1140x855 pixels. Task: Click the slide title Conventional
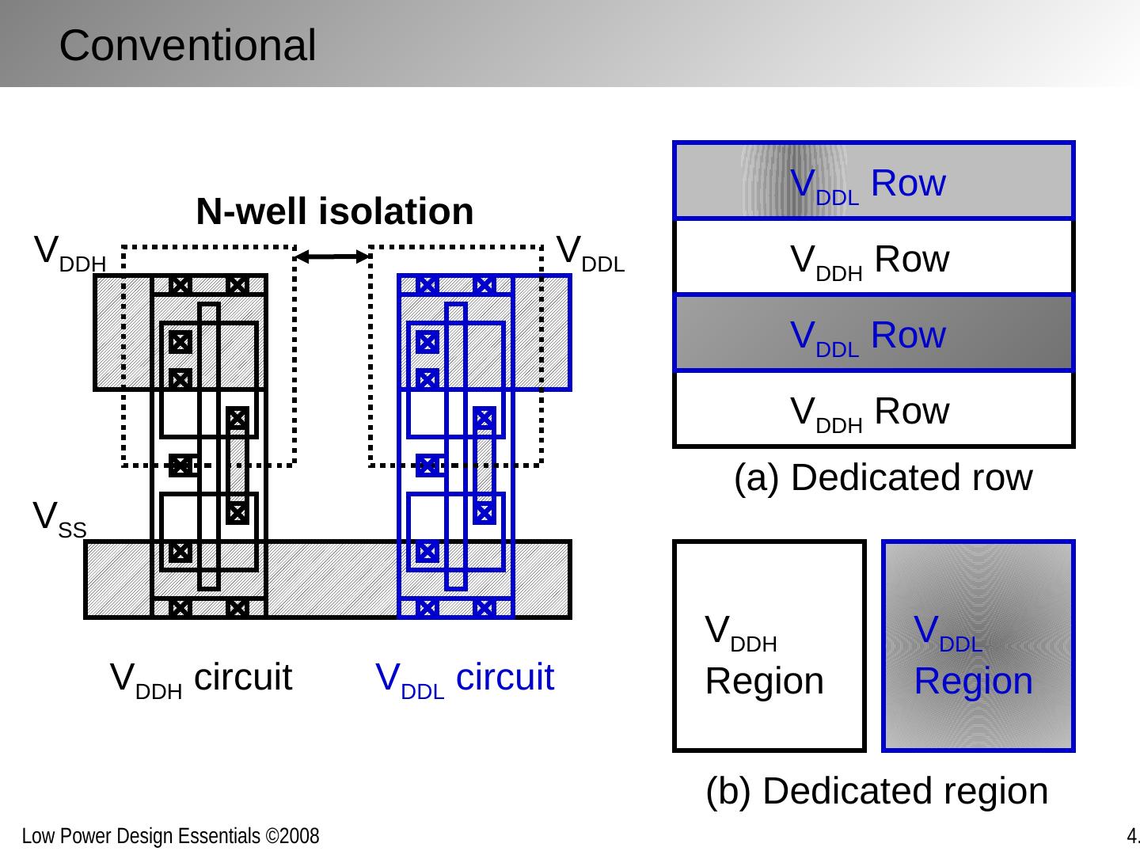coord(187,45)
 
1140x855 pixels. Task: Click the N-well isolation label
coord(334,212)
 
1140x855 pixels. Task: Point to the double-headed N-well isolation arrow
coord(332,256)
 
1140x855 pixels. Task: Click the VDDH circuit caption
coord(201,678)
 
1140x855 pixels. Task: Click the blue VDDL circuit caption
coord(464,678)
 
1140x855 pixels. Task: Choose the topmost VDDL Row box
coord(873,181)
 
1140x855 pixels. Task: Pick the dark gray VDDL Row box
coord(873,333)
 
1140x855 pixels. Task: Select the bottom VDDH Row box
coord(873,410)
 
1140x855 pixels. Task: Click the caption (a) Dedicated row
coord(883,478)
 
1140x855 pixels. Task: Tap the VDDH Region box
coord(769,646)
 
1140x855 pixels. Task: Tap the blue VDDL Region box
coord(978,646)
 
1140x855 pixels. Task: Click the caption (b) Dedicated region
coord(876,791)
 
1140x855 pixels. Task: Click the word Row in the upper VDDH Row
coord(912,259)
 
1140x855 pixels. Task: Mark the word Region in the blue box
coord(973,682)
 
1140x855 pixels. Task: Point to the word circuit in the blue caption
coord(505,678)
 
